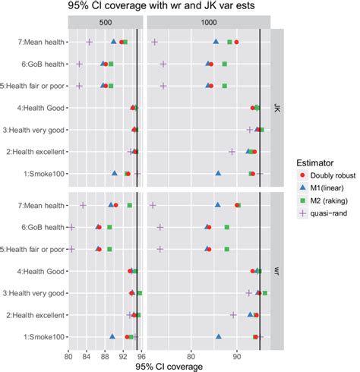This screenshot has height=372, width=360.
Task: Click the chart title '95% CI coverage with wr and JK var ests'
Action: click(180, 8)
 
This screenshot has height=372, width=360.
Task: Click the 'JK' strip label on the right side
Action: click(277, 108)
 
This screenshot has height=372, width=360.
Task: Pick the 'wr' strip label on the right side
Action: click(277, 271)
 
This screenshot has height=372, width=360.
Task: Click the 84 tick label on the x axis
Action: click(87, 355)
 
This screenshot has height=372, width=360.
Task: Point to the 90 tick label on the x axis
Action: click(237, 355)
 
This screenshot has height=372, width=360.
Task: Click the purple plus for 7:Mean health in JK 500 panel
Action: click(90, 43)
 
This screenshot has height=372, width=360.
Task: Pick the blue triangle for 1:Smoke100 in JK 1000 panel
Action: click(218, 174)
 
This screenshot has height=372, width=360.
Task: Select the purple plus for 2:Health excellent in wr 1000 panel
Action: click(233, 314)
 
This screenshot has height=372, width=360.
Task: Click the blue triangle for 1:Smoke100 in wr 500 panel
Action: click(113, 336)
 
